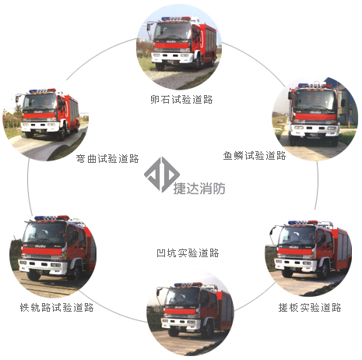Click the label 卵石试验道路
181,100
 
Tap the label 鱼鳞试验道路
255,156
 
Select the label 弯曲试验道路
107,158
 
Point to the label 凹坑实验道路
188,252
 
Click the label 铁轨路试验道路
57,308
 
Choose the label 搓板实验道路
310,308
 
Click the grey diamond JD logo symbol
162,175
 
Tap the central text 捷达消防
199,189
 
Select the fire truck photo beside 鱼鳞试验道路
315,118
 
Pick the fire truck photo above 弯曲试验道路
46,118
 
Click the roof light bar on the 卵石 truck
176,19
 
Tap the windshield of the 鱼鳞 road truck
315,100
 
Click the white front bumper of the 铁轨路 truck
43,265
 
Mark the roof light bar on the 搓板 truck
303,223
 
